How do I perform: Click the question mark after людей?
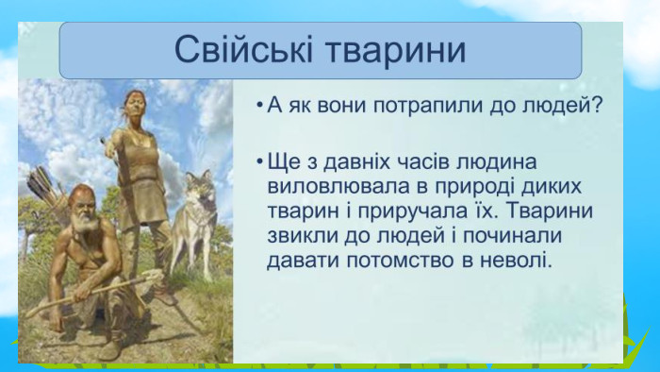tap(596, 105)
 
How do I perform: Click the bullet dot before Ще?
tap(260, 161)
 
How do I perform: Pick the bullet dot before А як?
tap(260, 106)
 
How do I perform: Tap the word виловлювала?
tap(338, 187)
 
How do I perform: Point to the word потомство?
tap(401, 261)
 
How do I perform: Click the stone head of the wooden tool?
tap(154, 276)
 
